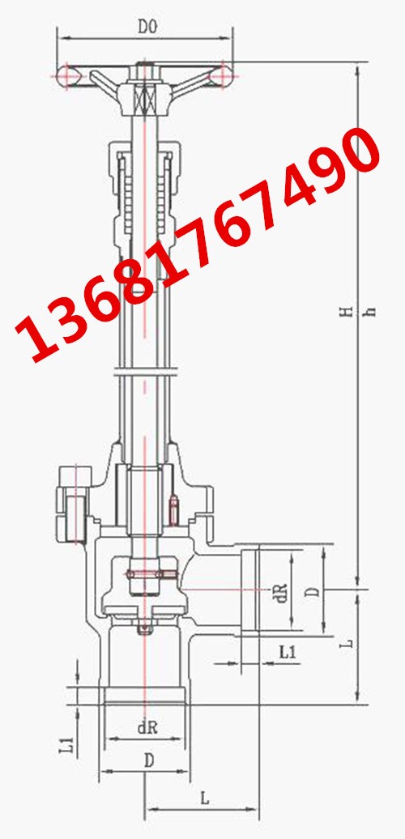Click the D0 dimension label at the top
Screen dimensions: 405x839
pyautogui.click(x=147, y=27)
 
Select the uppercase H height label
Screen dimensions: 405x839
pyautogui.click(x=348, y=311)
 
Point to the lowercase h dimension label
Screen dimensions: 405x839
pyautogui.click(x=369, y=312)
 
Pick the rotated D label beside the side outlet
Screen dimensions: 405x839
pyautogui.click(x=314, y=591)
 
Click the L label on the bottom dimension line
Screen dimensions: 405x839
pyautogui.click(x=204, y=799)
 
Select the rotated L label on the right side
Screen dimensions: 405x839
pyautogui.click(x=347, y=643)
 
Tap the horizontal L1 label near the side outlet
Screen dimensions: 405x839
pyautogui.click(x=288, y=652)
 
